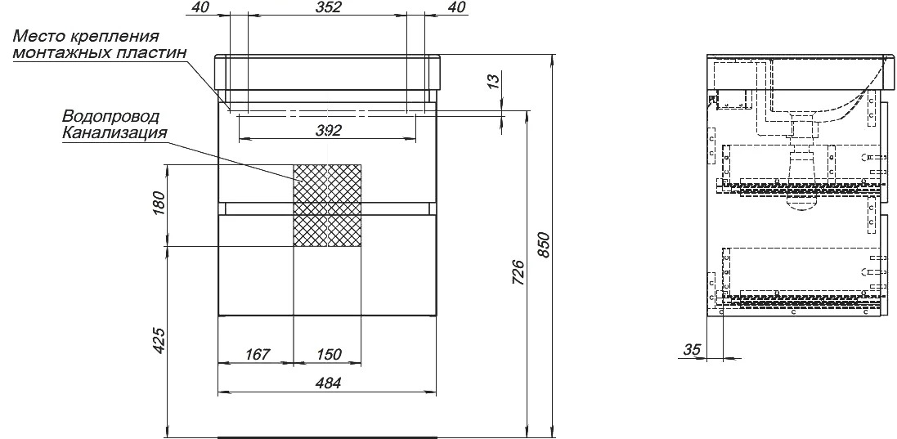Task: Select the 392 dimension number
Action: (x=328, y=130)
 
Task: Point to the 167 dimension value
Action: (x=257, y=355)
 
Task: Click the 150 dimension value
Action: (x=328, y=355)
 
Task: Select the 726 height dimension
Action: (x=517, y=273)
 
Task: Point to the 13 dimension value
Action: (x=494, y=80)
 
